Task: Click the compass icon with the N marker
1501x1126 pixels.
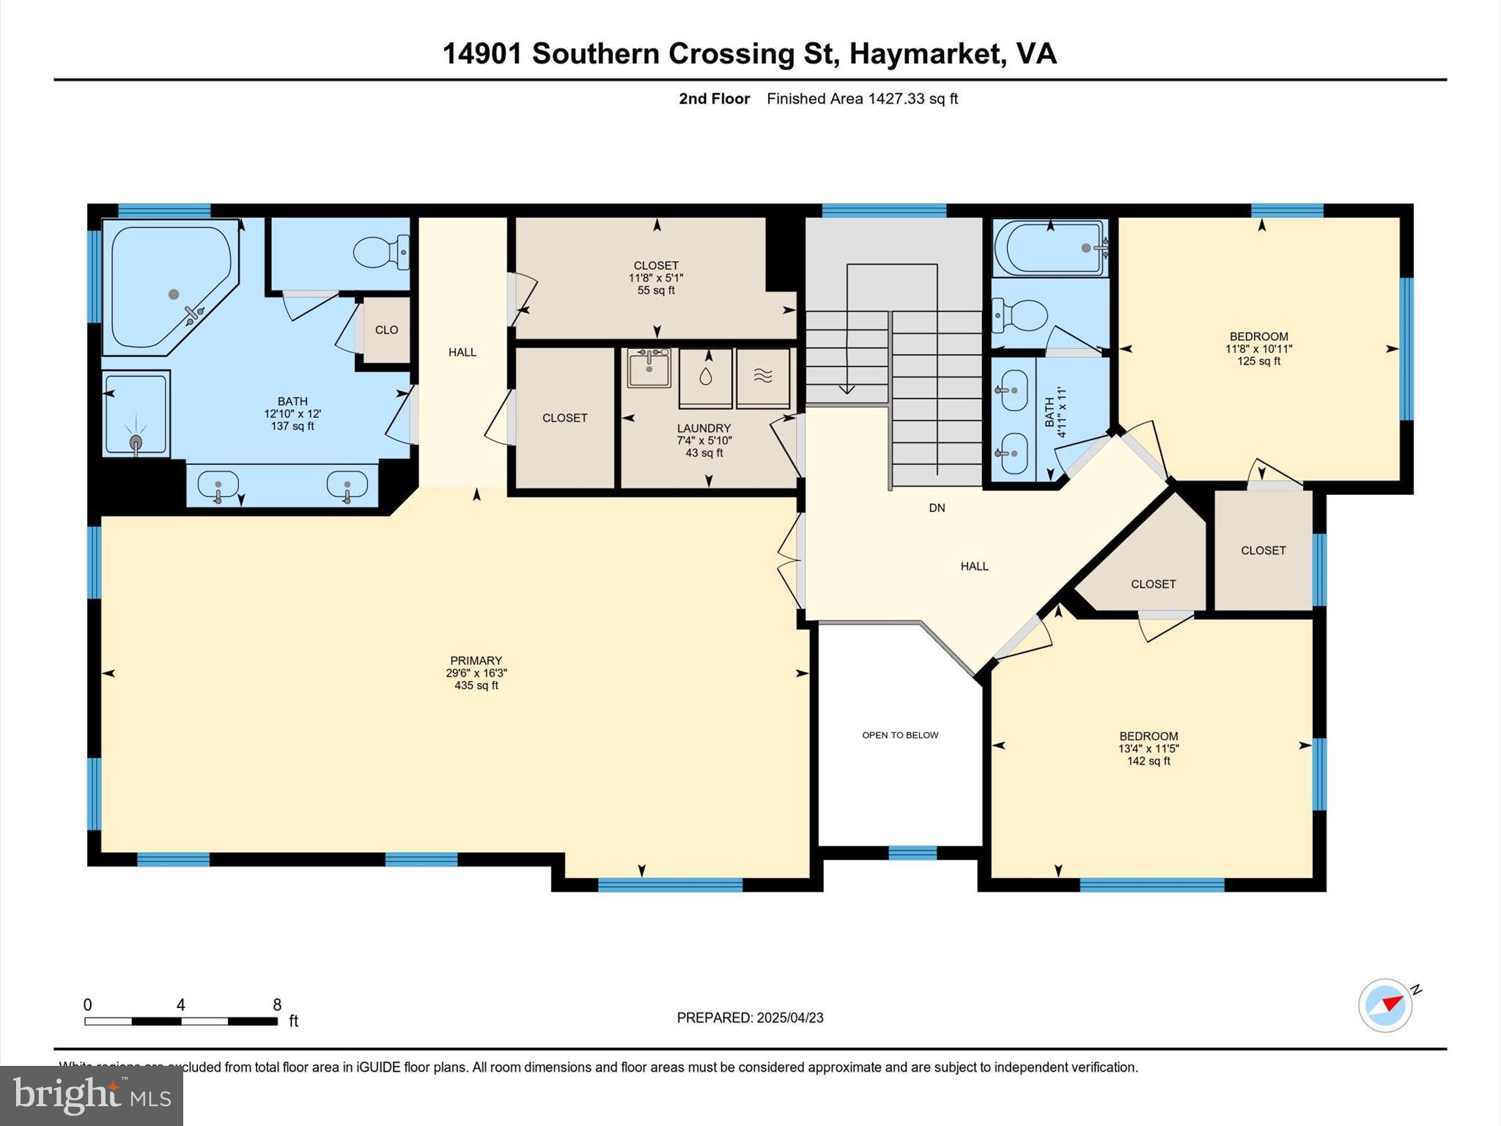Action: [1385, 1006]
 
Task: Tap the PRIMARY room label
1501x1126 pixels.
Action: [476, 660]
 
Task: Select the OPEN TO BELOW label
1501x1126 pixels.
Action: [900, 735]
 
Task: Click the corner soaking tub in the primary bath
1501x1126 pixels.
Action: [170, 286]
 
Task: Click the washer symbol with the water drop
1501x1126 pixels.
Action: [705, 378]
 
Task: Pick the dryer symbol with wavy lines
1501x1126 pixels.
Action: [763, 378]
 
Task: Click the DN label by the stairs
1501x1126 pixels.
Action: [937, 507]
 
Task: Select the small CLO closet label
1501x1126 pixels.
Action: [386, 330]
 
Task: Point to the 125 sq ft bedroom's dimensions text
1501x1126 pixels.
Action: [1258, 349]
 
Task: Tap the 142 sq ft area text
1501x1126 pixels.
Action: [1148, 761]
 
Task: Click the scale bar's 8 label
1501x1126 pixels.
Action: [277, 1005]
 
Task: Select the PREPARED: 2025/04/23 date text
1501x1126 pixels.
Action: [750, 1018]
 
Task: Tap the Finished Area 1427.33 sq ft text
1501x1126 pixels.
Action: [862, 99]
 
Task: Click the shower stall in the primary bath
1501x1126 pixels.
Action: [136, 414]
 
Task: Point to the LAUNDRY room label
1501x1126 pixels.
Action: [704, 428]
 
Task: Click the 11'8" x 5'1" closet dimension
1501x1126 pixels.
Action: [656, 278]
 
